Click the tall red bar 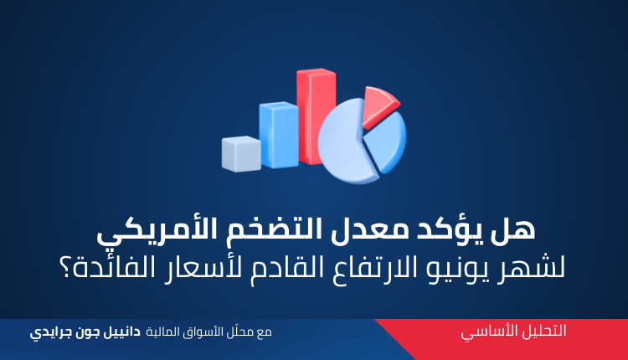pyautogui.click(x=316, y=116)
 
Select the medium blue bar pyautogui.click(x=279, y=135)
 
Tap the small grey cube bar pyautogui.click(x=241, y=154)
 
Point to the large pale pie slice pyautogui.click(x=345, y=142)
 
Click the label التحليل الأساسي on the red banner pyautogui.click(x=513, y=332)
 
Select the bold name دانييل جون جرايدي pyautogui.click(x=85, y=332)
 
